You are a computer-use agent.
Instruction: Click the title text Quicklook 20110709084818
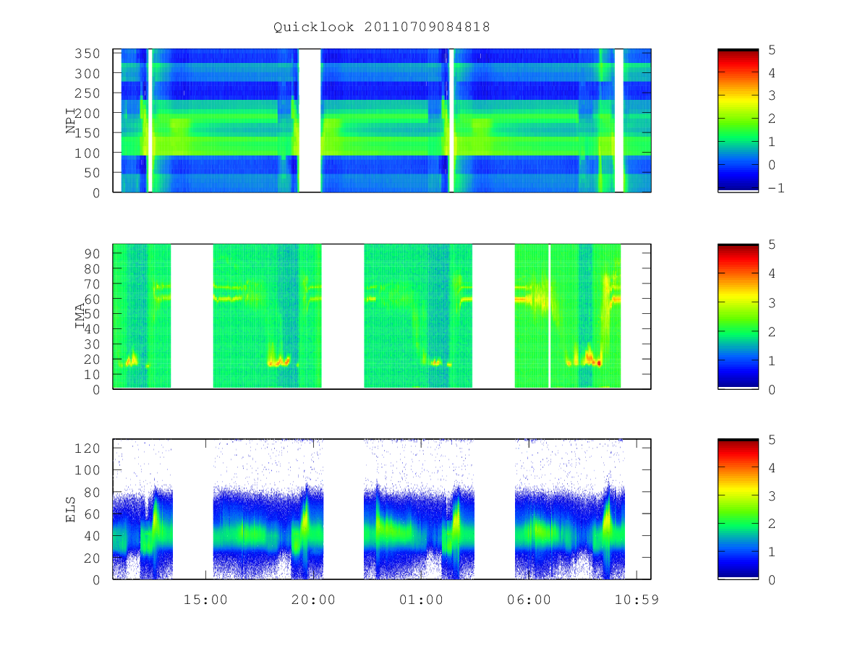[x=382, y=27]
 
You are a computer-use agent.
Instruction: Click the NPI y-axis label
[x=70, y=121]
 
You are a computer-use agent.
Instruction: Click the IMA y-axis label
[x=80, y=316]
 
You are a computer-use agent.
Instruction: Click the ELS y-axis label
[x=70, y=509]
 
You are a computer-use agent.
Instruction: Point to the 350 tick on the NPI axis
[x=87, y=54]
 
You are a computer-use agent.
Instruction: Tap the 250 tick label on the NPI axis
[x=87, y=93]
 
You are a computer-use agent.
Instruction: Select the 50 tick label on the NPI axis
[x=91, y=173]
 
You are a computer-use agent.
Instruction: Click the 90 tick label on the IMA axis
[x=91, y=254]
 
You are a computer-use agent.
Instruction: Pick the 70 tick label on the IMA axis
[x=91, y=284]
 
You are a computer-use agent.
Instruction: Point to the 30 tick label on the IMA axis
[x=91, y=344]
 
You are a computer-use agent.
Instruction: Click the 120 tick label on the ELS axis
[x=87, y=448]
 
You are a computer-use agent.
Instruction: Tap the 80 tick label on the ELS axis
[x=91, y=492]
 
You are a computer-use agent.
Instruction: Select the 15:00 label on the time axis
[x=205, y=600]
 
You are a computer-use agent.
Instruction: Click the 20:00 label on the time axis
[x=313, y=600]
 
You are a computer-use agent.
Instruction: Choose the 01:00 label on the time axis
[x=421, y=600]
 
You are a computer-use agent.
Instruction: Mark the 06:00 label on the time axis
[x=529, y=600]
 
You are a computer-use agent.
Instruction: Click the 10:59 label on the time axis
[x=637, y=600]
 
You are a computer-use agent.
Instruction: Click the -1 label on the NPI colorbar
[x=776, y=188]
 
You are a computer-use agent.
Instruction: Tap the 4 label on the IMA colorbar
[x=772, y=273]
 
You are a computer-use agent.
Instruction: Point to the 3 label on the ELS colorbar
[x=772, y=495]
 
